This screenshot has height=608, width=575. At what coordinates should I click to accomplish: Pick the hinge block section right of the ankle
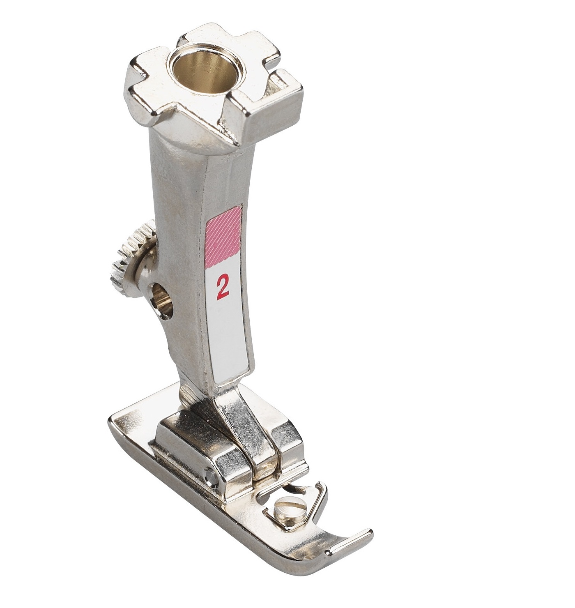[287, 444]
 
